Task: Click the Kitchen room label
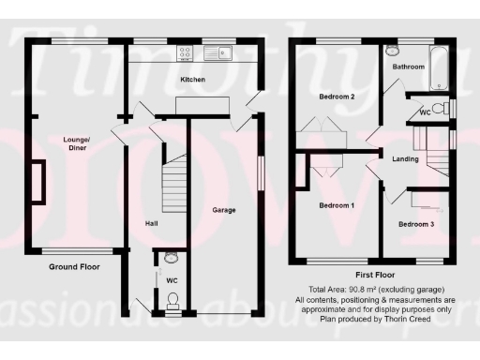pyautogui.click(x=192, y=81)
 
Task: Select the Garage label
pyautogui.click(x=223, y=210)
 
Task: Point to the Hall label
pyautogui.click(x=150, y=224)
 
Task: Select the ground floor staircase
pyautogui.click(x=173, y=178)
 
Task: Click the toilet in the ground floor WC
pyautogui.click(x=171, y=301)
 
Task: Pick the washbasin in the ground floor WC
pyautogui.click(x=171, y=257)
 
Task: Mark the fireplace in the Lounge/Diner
pyautogui.click(x=38, y=181)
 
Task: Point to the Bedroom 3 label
pyautogui.click(x=416, y=224)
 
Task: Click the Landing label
pyautogui.click(x=405, y=158)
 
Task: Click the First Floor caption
pyautogui.click(x=372, y=276)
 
